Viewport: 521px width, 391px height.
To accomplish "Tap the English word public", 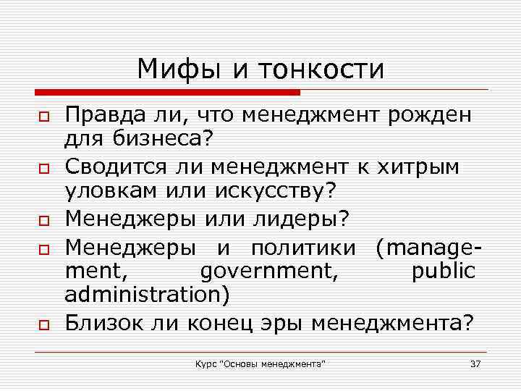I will pyautogui.click(x=443, y=271).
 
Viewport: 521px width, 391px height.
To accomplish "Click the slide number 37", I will pyautogui.click(x=475, y=363).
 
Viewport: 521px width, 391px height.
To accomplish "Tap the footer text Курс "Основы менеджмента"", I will pyautogui.click(x=260, y=363).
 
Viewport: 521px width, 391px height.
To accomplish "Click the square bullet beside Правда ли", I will pyautogui.click(x=43, y=117).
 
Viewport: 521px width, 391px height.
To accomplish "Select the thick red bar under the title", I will pyautogui.click(x=166, y=93).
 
